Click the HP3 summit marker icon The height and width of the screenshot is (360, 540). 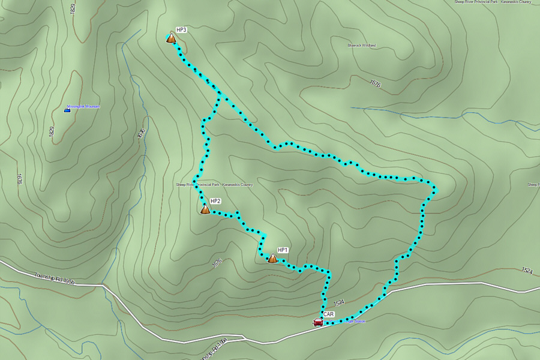pyautogui.click(x=171, y=38)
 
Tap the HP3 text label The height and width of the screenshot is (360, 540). pyautogui.click(x=181, y=29)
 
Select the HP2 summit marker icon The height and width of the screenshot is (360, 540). pyautogui.click(x=205, y=209)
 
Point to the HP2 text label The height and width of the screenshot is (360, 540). pyautogui.click(x=215, y=201)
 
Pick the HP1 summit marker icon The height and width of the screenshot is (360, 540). pyautogui.click(x=272, y=259)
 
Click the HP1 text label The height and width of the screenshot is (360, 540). pyautogui.click(x=283, y=250)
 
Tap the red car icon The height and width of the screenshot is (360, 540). pyautogui.click(x=318, y=322)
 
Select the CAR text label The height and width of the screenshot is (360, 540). pyautogui.click(x=328, y=314)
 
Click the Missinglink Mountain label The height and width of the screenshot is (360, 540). pyautogui.click(x=83, y=106)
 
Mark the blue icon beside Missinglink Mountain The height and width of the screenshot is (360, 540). pyautogui.click(x=67, y=110)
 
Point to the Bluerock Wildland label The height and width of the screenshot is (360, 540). pyautogui.click(x=361, y=45)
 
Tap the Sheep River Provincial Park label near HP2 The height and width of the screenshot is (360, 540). pyautogui.click(x=214, y=185)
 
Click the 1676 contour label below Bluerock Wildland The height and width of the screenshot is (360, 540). pyautogui.click(x=376, y=84)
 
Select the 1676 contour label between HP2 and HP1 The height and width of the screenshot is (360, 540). pyautogui.click(x=217, y=262)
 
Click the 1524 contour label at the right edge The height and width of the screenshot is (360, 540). pyautogui.click(x=527, y=271)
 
